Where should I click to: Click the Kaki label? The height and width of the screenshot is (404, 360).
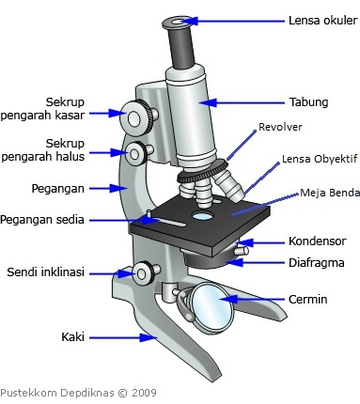point(73,334)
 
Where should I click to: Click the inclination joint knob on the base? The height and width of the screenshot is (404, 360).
point(144,273)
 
